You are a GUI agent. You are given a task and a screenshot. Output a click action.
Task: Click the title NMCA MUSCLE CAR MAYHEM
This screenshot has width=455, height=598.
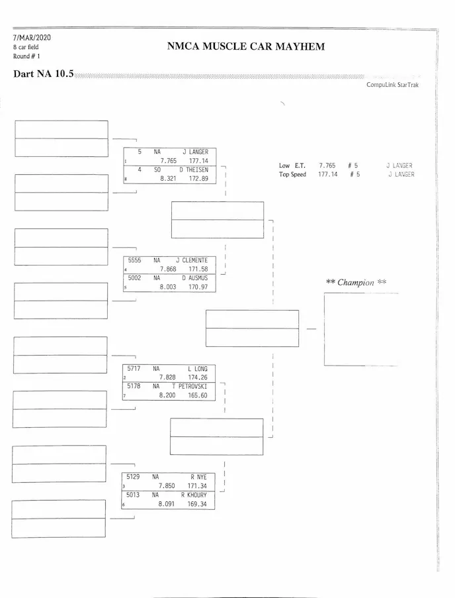245,47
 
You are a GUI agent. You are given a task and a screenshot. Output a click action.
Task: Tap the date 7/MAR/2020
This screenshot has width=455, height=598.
31,37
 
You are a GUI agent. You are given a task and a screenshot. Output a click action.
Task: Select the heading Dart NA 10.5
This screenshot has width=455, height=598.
43,74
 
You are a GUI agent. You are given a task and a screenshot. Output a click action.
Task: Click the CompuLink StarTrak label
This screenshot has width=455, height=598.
392,85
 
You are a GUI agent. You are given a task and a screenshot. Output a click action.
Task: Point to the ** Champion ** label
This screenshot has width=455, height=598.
356,282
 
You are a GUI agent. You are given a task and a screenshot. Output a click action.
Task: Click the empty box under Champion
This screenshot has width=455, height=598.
361,328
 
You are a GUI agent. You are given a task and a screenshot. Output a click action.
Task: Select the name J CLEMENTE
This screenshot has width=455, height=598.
192,260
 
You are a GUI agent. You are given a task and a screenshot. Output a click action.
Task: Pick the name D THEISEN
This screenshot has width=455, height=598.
193,170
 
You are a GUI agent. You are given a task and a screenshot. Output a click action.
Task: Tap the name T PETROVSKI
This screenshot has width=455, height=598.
190,386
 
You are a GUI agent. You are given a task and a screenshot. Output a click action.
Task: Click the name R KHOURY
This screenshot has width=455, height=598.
194,495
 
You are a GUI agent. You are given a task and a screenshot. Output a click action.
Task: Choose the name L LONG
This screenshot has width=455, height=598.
198,368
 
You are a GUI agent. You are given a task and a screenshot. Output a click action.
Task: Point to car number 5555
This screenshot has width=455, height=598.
134,260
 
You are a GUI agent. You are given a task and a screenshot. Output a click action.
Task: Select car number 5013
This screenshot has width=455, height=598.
133,495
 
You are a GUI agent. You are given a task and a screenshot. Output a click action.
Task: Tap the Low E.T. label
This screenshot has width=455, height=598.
292,166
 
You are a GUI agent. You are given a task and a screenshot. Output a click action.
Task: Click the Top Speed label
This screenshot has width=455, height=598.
293,175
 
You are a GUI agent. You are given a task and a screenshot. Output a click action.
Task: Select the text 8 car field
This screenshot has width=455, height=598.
26,47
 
